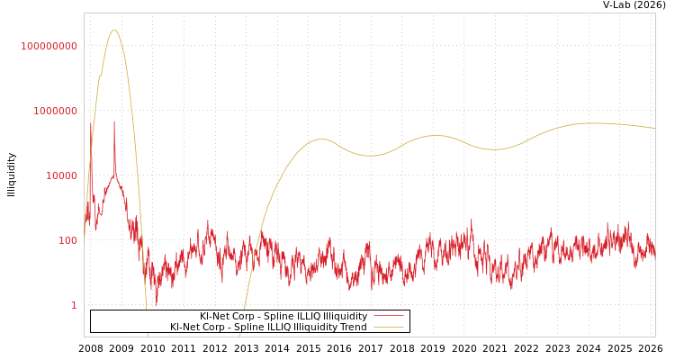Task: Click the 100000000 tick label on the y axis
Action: [x=49, y=46]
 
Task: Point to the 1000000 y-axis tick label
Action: [x=55, y=111]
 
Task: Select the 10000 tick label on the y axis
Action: [x=61, y=175]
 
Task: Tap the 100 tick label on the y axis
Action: [x=67, y=240]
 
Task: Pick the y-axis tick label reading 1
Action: [x=74, y=305]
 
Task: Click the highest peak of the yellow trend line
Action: [x=113, y=30]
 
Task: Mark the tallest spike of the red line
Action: [x=113, y=121]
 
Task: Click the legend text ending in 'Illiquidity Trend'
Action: [x=268, y=328]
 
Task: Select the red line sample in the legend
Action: [x=388, y=317]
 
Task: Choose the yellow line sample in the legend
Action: [x=388, y=328]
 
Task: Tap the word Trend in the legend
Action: [x=352, y=328]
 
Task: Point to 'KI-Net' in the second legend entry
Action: [x=185, y=328]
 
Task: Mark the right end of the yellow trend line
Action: [x=654, y=129]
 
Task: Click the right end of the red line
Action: [x=654, y=255]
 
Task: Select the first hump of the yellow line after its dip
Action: [x=321, y=139]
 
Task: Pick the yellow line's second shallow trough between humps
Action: [x=493, y=149]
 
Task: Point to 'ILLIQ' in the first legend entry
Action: [x=308, y=317]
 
